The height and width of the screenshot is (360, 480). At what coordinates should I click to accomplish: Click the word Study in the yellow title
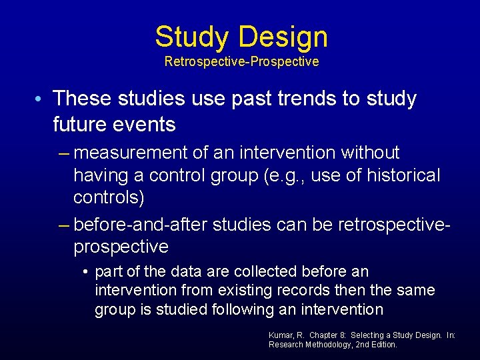click(189, 37)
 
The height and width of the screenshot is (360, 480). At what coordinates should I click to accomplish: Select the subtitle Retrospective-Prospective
click(241, 62)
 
